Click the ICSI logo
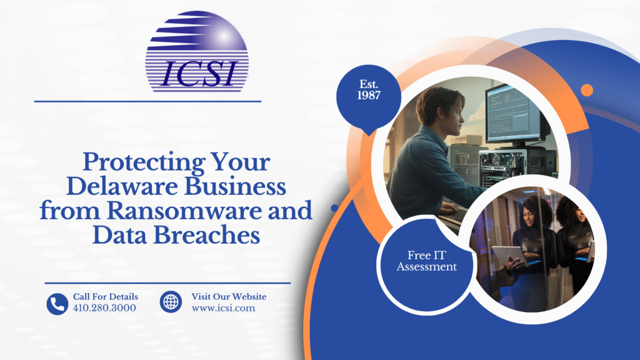[x=197, y=51]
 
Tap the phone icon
[x=57, y=304]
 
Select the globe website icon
[x=171, y=302]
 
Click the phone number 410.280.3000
[x=104, y=307]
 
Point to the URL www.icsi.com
[x=223, y=308]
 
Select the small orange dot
[x=587, y=90]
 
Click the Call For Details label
[x=105, y=297]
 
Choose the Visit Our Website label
[x=229, y=297]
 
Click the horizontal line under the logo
[x=147, y=101]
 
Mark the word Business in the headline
[x=235, y=186]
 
